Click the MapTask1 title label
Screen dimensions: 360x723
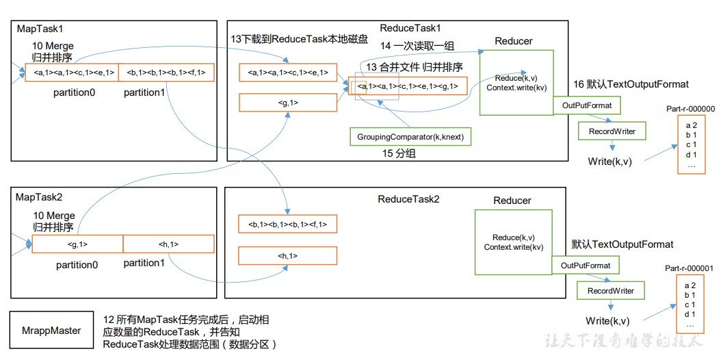(39, 30)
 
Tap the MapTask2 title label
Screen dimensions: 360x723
(39, 197)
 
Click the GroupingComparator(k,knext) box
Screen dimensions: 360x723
(410, 137)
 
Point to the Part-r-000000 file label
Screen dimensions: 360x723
(690, 108)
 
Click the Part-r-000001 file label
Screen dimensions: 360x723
(690, 269)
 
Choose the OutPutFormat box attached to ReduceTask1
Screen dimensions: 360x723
(587, 105)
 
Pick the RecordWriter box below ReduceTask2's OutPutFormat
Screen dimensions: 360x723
(611, 291)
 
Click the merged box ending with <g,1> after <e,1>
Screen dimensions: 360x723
(408, 86)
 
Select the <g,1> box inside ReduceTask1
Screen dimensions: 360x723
(288, 103)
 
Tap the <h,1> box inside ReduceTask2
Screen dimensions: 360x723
(287, 255)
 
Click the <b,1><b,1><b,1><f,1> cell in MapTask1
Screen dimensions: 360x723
(166, 73)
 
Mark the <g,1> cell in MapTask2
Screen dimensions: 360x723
(77, 244)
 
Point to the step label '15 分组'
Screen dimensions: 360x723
(399, 154)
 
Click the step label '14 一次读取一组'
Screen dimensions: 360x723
(417, 47)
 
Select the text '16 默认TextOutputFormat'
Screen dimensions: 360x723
(631, 84)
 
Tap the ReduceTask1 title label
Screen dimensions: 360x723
(410, 28)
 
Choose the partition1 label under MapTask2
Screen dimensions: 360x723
(144, 263)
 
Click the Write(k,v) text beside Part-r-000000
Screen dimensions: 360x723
(609, 162)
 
